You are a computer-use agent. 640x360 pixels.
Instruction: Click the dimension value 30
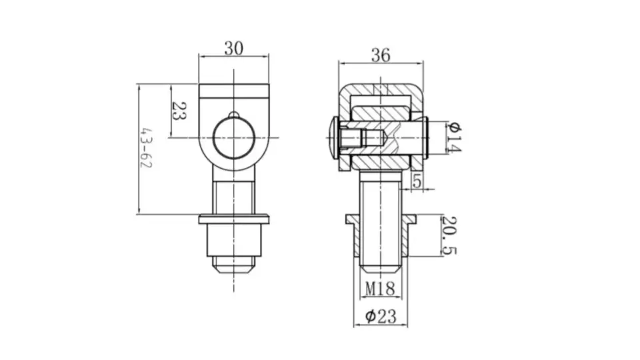click(233, 49)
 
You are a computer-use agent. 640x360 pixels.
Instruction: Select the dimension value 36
click(381, 55)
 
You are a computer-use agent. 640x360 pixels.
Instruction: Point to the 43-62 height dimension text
click(145, 148)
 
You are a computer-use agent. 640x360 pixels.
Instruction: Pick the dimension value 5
click(417, 180)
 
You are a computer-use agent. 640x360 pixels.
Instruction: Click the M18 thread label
click(381, 288)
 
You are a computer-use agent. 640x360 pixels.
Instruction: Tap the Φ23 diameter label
click(381, 316)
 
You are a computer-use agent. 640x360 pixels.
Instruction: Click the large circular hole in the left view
click(233, 139)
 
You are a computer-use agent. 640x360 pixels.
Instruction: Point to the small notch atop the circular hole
click(233, 115)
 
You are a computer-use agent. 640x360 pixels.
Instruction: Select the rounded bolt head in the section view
click(335, 138)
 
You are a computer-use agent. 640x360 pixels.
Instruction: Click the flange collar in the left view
click(233, 219)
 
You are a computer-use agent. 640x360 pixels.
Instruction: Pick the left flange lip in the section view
click(351, 219)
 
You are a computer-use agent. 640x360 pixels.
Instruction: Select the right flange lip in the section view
click(410, 219)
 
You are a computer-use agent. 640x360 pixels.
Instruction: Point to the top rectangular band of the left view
click(233, 91)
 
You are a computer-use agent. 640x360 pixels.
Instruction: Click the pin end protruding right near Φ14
click(423, 137)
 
